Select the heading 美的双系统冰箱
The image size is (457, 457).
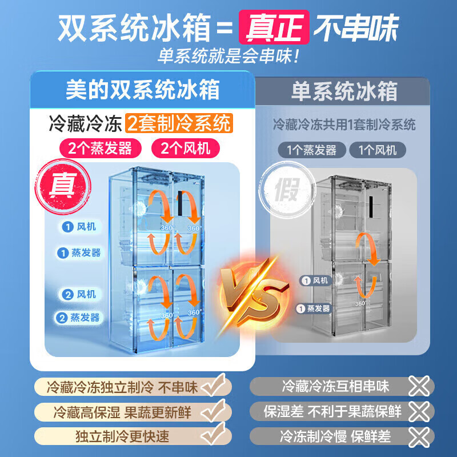click(x=142, y=90)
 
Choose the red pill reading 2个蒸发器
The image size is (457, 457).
click(x=100, y=149)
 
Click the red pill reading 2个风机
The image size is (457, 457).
click(x=185, y=149)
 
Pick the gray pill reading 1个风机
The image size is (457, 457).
click(x=382, y=151)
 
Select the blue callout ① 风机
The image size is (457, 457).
click(x=79, y=227)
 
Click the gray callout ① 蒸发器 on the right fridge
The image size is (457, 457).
click(x=314, y=308)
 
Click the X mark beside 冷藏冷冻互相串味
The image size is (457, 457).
click(x=419, y=387)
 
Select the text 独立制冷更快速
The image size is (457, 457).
click(x=122, y=437)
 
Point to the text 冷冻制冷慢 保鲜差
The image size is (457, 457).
click(x=335, y=437)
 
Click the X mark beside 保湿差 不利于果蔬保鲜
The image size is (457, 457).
click(x=419, y=411)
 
